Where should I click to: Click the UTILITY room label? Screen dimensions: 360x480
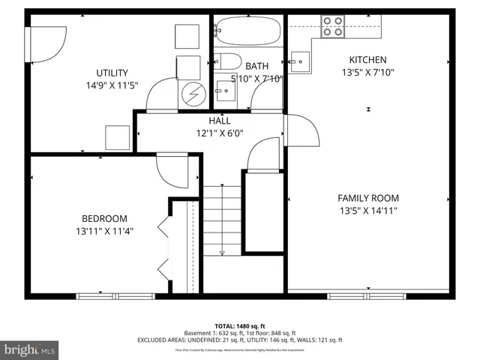click(111, 73)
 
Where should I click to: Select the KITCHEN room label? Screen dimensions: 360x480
click(367, 60)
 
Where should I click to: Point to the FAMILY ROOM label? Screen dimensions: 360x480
click(367, 198)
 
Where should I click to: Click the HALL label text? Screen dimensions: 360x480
click(220, 121)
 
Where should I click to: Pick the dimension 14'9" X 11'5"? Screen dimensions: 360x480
click(111, 85)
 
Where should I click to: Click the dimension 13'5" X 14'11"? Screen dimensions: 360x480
click(367, 211)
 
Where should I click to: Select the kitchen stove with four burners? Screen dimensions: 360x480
click(332, 27)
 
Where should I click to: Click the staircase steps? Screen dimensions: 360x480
click(222, 220)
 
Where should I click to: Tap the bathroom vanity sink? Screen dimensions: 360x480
click(223, 92)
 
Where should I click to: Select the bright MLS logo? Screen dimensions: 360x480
click(30, 349)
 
